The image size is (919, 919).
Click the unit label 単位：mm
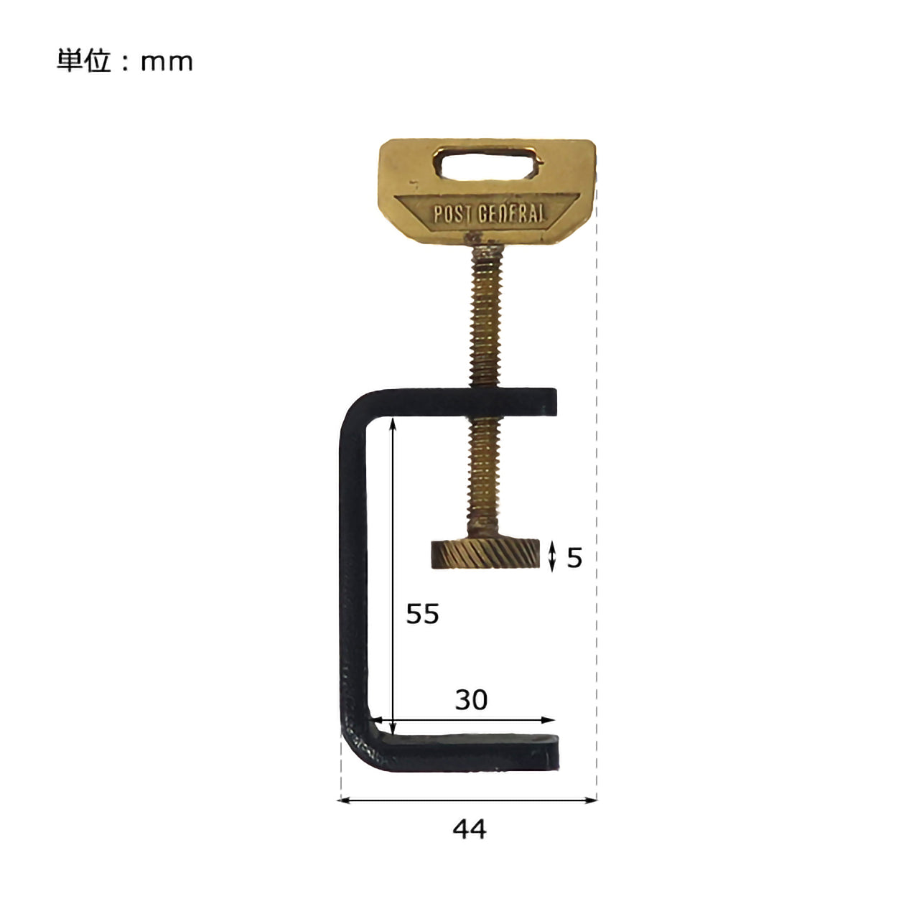pyautogui.click(x=125, y=62)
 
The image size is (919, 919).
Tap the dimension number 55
pyautogui.click(x=422, y=615)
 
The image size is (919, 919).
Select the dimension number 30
pyautogui.click(x=471, y=700)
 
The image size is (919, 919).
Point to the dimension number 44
pyautogui.click(x=470, y=830)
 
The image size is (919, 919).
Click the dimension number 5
pyautogui.click(x=574, y=558)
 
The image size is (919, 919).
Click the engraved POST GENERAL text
pyautogui.click(x=488, y=213)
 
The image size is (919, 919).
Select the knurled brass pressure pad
pyautogui.click(x=485, y=554)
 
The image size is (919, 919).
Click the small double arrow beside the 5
pyautogui.click(x=552, y=557)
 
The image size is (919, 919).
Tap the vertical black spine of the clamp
pyautogui.click(x=353, y=574)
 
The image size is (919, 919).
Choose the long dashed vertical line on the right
pyautogui.click(x=597, y=503)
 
